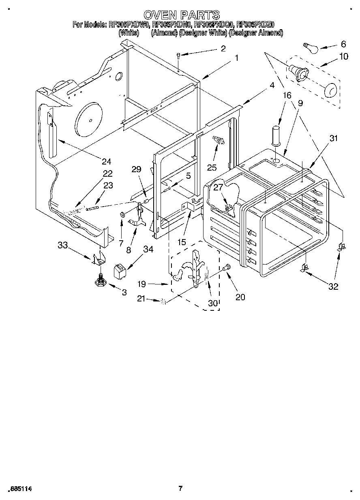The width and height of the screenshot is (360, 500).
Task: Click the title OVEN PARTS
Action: (181, 15)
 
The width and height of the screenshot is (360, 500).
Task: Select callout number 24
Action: (106, 162)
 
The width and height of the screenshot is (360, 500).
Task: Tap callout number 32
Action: (333, 286)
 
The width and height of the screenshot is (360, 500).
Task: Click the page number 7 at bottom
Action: (180, 489)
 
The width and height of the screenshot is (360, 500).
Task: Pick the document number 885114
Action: (20, 489)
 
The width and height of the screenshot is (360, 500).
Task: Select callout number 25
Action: (211, 167)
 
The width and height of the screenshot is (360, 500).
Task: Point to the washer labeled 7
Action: (122, 214)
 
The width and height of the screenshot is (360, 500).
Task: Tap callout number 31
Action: (333, 139)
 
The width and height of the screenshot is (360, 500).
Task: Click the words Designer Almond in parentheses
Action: (256, 33)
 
